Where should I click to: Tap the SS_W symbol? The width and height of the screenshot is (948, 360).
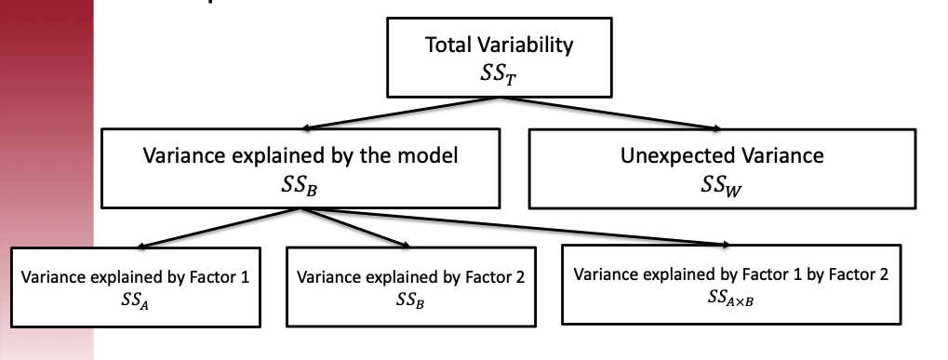point(721,183)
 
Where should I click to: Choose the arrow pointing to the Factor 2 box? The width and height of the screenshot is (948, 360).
point(358,228)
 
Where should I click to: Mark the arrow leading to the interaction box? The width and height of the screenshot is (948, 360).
point(521,228)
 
